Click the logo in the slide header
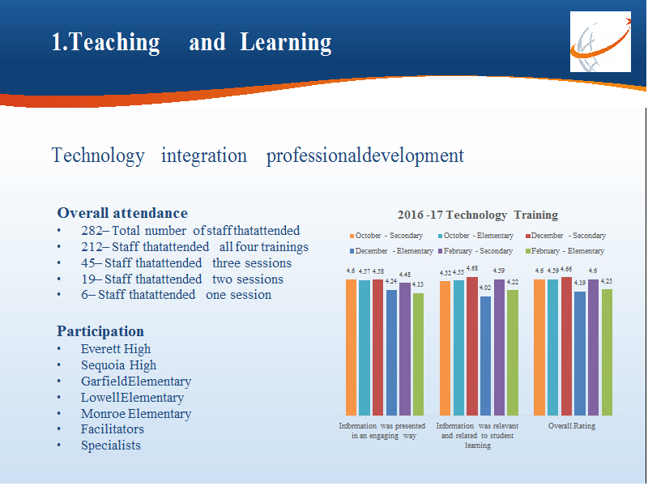tap(600, 42)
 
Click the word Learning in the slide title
tap(286, 43)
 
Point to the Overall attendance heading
tap(122, 213)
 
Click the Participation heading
tap(100, 331)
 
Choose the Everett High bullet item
tap(116, 349)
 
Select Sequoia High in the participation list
tap(118, 365)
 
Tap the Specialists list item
tap(111, 446)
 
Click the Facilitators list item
tap(113, 429)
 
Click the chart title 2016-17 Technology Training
tap(478, 215)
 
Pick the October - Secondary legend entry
tap(386, 236)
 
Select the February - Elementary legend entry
tap(565, 251)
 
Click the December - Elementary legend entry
tap(391, 251)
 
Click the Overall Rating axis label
tap(572, 426)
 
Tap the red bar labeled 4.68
tap(472, 347)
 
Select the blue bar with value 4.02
tap(485, 356)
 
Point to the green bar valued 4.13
tap(418, 354)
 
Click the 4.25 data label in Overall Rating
tap(606, 281)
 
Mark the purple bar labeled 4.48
tap(405, 349)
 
